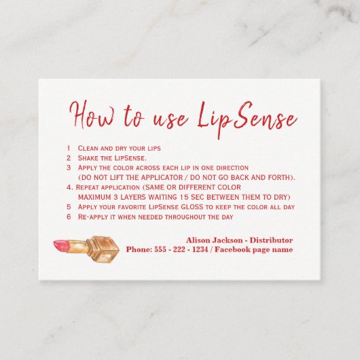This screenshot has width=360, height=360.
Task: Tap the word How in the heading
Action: click(x=92, y=115)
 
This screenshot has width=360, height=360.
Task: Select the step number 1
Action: click(x=69, y=148)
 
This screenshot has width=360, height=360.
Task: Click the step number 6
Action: click(x=69, y=217)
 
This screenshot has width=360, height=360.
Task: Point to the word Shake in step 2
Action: click(x=87, y=158)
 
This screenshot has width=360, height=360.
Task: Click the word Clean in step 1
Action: click(x=87, y=148)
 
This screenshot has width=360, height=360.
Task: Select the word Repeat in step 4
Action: click(x=88, y=187)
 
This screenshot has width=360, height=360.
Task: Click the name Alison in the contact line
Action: click(x=198, y=240)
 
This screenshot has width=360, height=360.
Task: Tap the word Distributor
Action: click(x=271, y=240)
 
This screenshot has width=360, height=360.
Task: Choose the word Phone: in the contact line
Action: click(x=139, y=249)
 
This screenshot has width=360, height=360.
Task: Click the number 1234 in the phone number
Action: click(x=200, y=249)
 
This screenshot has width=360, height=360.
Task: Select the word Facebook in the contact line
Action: click(x=232, y=249)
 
